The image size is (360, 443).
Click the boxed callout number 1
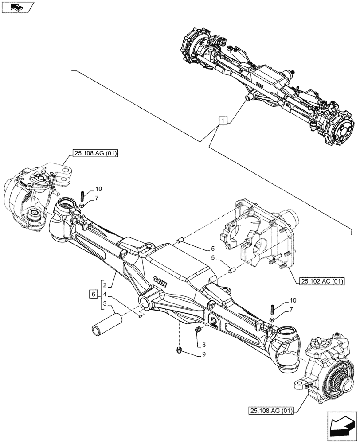click(223, 120)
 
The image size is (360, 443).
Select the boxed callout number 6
click(93, 294)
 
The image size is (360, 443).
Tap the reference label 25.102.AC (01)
click(319, 281)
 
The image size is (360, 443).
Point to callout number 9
click(203, 354)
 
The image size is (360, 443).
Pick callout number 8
click(203, 344)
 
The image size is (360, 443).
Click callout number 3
click(104, 303)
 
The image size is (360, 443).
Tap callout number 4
click(104, 294)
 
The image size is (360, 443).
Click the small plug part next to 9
click(180, 351)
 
